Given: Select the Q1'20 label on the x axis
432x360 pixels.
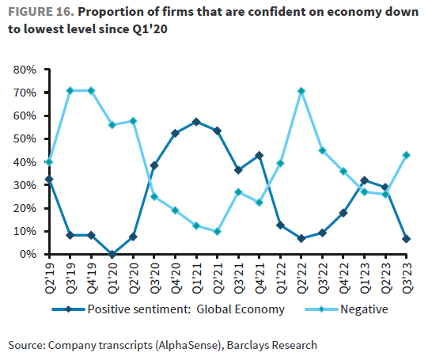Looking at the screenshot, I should tap(112, 273).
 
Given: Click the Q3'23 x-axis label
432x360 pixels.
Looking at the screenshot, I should tap(407, 273).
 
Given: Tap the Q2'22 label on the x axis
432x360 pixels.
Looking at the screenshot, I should tap(301, 273).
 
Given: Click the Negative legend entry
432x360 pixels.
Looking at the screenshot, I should tap(365, 309).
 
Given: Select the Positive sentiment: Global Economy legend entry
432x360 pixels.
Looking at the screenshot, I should tap(186, 309).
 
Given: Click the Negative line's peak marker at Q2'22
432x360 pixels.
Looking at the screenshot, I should tap(301, 91).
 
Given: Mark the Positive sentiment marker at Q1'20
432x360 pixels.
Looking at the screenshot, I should tap(112, 254).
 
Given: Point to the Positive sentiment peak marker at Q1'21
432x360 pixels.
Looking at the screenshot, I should tap(196, 122).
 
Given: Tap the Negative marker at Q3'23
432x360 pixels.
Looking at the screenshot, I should tap(407, 155).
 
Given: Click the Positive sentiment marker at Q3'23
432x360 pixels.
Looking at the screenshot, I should tap(407, 239).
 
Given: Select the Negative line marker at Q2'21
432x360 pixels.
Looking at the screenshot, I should tap(218, 232).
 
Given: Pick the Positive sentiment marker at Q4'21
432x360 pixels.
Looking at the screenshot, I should tap(260, 155).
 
